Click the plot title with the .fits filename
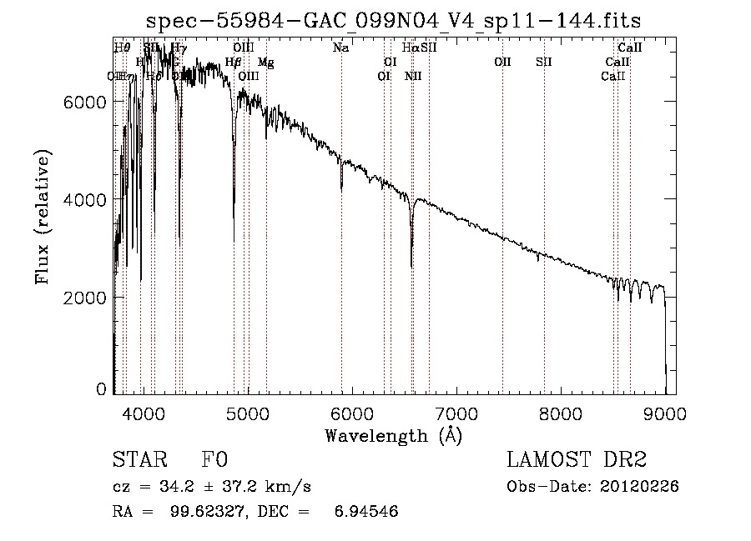(393, 20)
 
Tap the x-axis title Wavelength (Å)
(393, 435)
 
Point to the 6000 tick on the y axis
(88, 102)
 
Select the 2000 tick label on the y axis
(88, 298)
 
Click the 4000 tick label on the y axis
(88, 200)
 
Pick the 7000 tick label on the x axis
(456, 413)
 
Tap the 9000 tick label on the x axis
(665, 413)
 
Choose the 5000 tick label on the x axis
(248, 413)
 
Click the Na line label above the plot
(340, 48)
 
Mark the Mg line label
(265, 63)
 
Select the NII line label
(413, 77)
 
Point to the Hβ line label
(234, 63)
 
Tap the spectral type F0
(214, 460)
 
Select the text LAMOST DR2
(577, 460)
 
